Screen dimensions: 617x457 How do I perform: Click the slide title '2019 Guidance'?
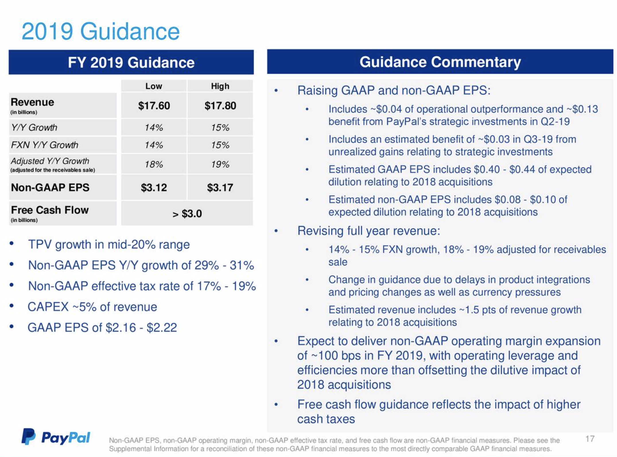(100, 31)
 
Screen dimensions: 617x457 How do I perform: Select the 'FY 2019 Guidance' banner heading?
(131, 63)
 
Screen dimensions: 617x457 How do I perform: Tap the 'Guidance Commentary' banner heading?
(440, 62)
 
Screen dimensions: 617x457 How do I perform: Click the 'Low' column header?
(154, 86)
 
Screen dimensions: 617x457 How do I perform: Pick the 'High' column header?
(220, 86)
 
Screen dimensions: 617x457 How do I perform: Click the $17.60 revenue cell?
(154, 106)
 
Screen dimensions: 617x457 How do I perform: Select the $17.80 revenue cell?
(220, 106)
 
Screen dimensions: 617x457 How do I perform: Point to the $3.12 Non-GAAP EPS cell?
(154, 188)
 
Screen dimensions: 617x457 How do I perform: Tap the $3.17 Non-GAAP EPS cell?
(220, 188)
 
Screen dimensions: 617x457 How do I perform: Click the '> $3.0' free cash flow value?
(187, 214)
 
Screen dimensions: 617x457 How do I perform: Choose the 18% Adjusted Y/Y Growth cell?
(154, 165)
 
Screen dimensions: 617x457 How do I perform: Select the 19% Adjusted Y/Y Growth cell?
(220, 165)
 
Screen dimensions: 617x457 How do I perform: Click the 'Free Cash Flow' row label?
(50, 210)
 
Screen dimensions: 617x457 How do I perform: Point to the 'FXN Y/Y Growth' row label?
(44, 145)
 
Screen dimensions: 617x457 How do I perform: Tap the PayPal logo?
(56, 437)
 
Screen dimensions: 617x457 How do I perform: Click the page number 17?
(590, 439)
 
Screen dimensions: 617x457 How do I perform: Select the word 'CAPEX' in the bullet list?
(48, 307)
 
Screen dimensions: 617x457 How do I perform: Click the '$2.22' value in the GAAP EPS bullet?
(162, 328)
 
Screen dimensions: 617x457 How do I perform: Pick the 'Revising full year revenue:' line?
(369, 231)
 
